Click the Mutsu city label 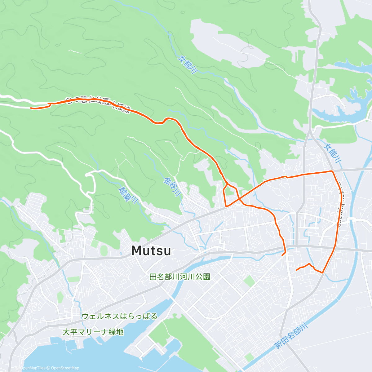coord(151,250)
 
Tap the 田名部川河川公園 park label coord(180,277)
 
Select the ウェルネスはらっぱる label coord(120,316)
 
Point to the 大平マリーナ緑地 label coord(93,332)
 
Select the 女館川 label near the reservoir coord(333,153)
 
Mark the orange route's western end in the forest coord(31,108)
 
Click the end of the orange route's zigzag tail coord(297,270)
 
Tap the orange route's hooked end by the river coord(282,255)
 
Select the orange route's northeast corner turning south coord(332,171)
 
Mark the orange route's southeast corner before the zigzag coord(323,272)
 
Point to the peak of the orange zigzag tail coord(309,264)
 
